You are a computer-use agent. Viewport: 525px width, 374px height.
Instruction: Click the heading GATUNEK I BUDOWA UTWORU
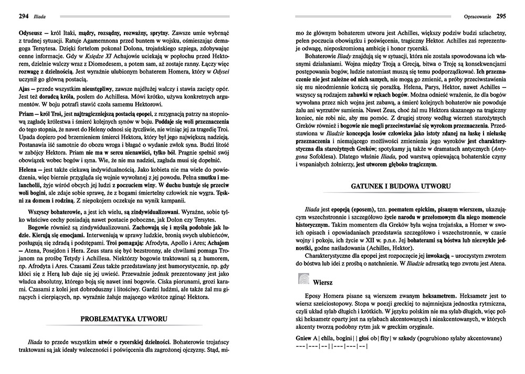pyautogui.click(x=401, y=186)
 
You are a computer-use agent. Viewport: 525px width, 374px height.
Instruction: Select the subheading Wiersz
pyautogui.click(x=326, y=281)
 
